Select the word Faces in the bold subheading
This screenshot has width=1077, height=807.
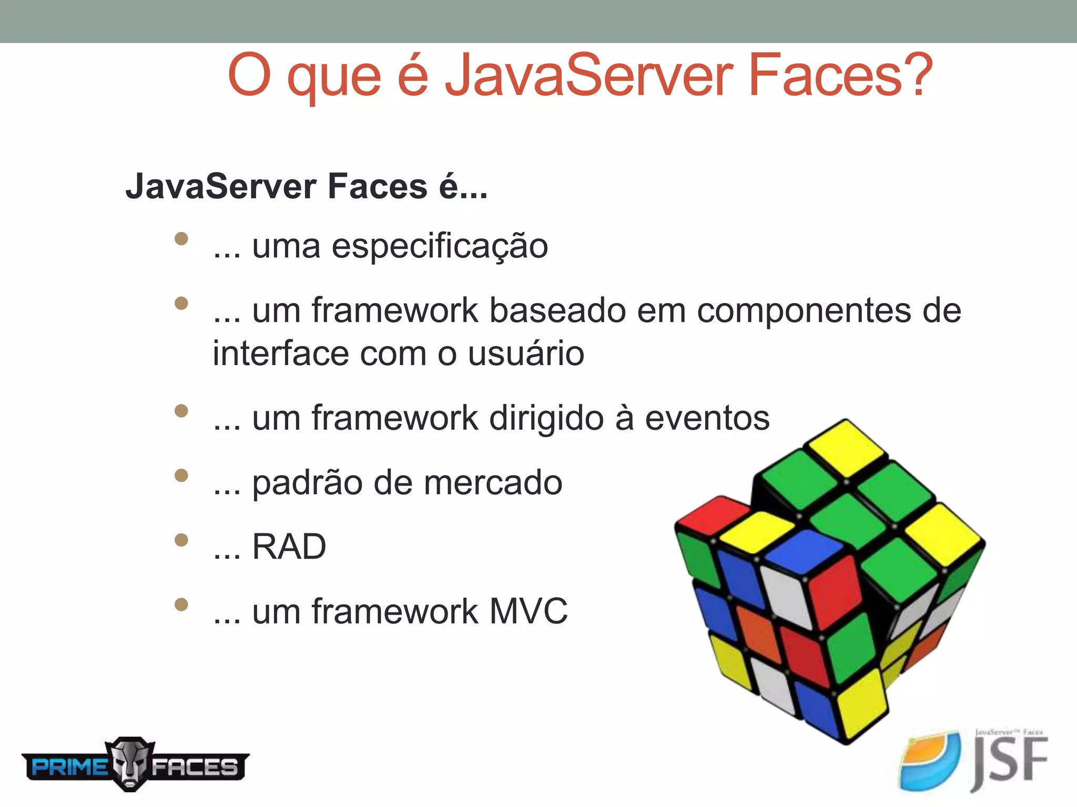(378, 187)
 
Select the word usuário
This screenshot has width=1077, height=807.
(526, 353)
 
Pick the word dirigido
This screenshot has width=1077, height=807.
(546, 419)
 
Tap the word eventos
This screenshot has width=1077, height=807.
(707, 419)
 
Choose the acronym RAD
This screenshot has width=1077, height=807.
(289, 547)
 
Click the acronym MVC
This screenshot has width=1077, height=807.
(529, 611)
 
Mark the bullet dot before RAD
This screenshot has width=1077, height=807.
(181, 540)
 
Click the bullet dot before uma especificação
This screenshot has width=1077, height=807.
(181, 239)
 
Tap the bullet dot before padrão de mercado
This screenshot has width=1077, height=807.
(181, 475)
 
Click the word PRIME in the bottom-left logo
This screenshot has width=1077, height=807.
(68, 767)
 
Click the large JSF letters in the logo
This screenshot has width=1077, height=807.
(1010, 762)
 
